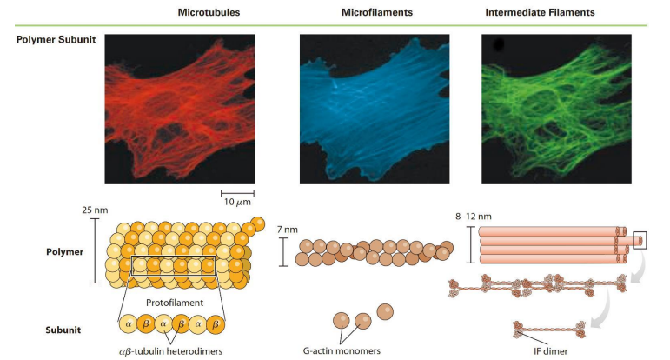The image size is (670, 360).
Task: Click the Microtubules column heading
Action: (209, 13)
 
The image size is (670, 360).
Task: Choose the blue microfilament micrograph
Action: (375, 109)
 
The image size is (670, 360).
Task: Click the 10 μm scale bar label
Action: (236, 202)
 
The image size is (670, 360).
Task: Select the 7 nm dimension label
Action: (287, 230)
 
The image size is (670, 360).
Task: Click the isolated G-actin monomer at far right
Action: (384, 310)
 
